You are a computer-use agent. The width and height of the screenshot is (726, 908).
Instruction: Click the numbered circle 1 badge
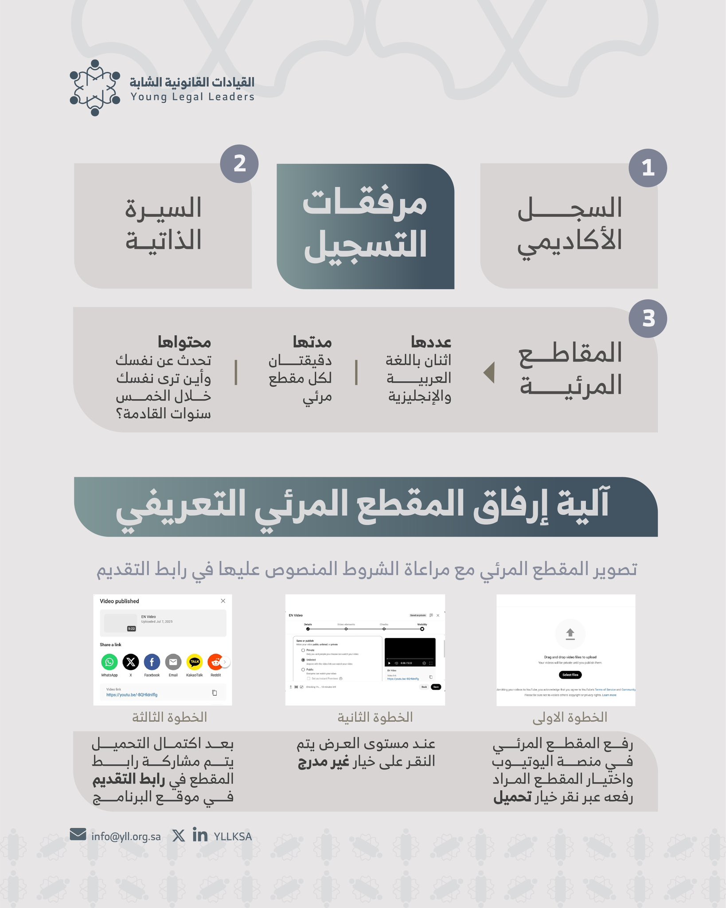coord(648,168)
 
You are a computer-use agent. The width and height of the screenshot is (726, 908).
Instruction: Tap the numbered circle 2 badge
coord(239,164)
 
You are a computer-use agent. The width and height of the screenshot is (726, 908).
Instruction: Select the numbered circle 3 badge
coord(648,318)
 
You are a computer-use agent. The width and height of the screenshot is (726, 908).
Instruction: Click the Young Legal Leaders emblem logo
coord(95,88)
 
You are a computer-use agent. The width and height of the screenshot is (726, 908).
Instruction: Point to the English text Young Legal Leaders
coord(192,97)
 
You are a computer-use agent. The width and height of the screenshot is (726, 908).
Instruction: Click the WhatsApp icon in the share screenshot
coord(109,662)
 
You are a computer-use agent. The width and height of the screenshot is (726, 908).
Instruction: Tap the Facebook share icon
coord(152,662)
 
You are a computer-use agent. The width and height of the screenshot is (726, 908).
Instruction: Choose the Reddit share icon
coord(216,662)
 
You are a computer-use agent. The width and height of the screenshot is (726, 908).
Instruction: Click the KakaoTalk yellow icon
coord(195,662)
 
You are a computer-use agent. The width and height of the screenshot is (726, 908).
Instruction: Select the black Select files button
coord(570,675)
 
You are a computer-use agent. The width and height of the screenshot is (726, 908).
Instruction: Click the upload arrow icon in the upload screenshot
coord(570,634)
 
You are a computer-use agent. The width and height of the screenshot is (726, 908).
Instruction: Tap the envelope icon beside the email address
coord(78,834)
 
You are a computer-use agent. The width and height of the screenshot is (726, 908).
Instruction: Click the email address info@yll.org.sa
coord(126,837)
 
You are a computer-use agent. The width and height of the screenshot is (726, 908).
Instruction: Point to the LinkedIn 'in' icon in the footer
coord(200,835)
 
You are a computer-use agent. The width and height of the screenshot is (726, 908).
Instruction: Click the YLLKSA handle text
coord(233,837)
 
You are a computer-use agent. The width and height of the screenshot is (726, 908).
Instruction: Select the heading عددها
coord(431,342)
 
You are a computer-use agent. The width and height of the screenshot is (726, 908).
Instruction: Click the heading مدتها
coord(312,342)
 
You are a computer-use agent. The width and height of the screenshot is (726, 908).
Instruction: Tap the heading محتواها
coord(184,342)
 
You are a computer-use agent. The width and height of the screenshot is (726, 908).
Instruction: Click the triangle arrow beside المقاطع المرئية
coord(489,372)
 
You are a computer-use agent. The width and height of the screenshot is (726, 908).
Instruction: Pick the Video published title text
coord(119,601)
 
